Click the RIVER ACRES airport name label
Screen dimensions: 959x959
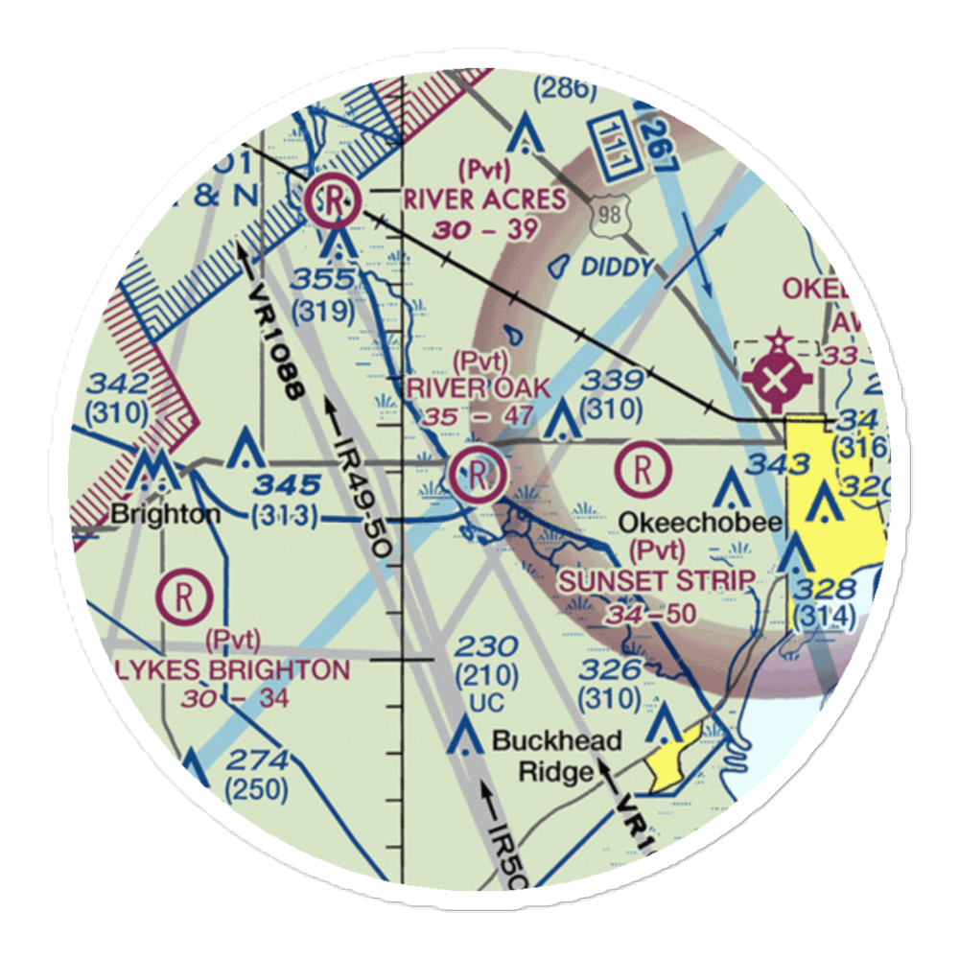(484, 199)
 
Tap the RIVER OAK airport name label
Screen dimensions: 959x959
(479, 387)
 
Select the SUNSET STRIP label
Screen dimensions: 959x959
(657, 580)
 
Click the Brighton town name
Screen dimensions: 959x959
(165, 513)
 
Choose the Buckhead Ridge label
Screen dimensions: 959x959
(556, 756)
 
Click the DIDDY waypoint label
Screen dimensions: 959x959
(618, 267)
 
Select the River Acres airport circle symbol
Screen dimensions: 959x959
(333, 201)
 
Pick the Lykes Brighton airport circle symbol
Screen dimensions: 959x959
(182, 596)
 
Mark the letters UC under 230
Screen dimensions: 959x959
(486, 703)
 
